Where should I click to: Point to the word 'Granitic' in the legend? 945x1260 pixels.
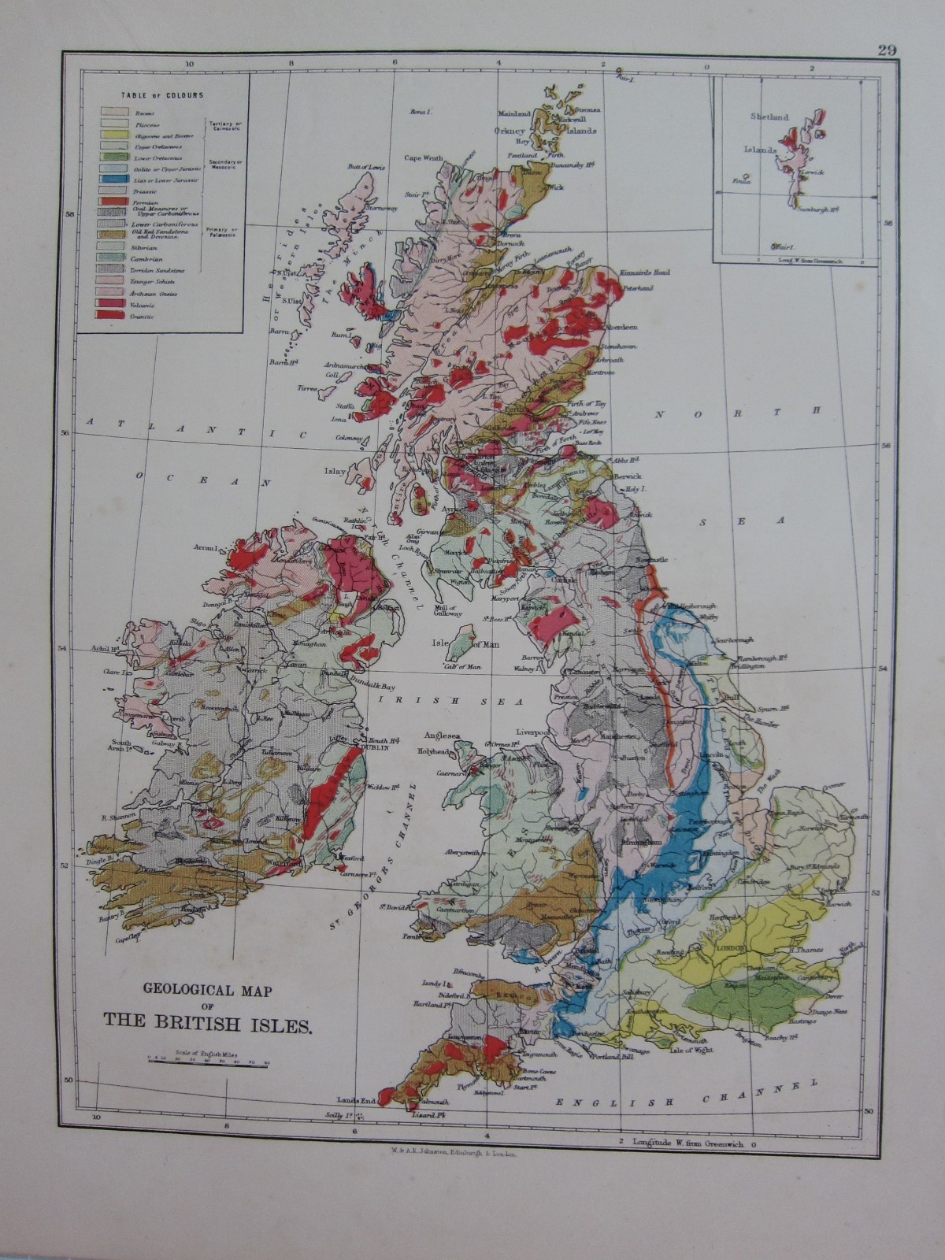tap(143, 316)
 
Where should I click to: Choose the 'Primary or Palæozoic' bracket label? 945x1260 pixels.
tap(223, 234)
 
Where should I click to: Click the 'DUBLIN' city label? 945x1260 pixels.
tap(377, 747)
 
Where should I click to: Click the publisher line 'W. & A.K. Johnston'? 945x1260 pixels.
tap(447, 1154)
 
